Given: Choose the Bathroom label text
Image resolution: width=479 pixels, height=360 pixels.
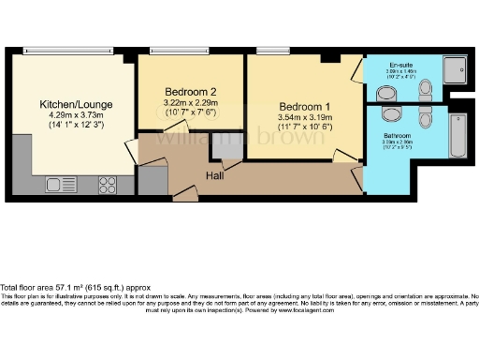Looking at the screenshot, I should tap(395, 136).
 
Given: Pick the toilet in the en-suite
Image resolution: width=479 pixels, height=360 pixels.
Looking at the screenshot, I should tap(426, 90).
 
